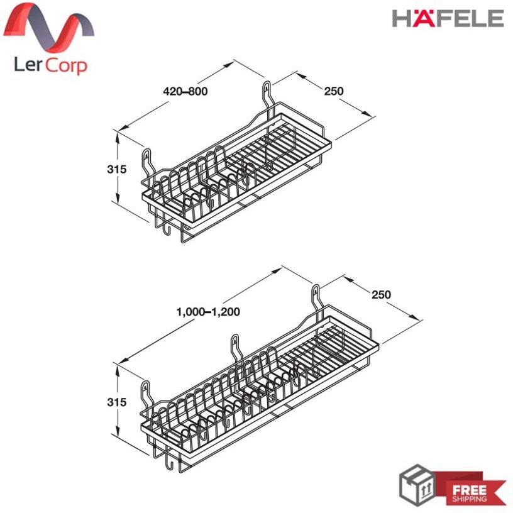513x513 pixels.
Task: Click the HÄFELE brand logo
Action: point(448,18)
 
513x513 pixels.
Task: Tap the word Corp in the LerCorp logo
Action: point(66,65)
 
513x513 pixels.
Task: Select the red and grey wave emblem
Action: point(49,28)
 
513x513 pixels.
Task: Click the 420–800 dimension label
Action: point(185,91)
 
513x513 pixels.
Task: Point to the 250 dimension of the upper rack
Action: point(334,91)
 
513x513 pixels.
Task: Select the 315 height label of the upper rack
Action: point(116,169)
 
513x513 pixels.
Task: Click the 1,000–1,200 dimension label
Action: point(208,312)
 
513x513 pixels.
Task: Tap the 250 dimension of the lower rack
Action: point(381,294)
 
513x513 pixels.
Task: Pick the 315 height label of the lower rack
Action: point(116,402)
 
